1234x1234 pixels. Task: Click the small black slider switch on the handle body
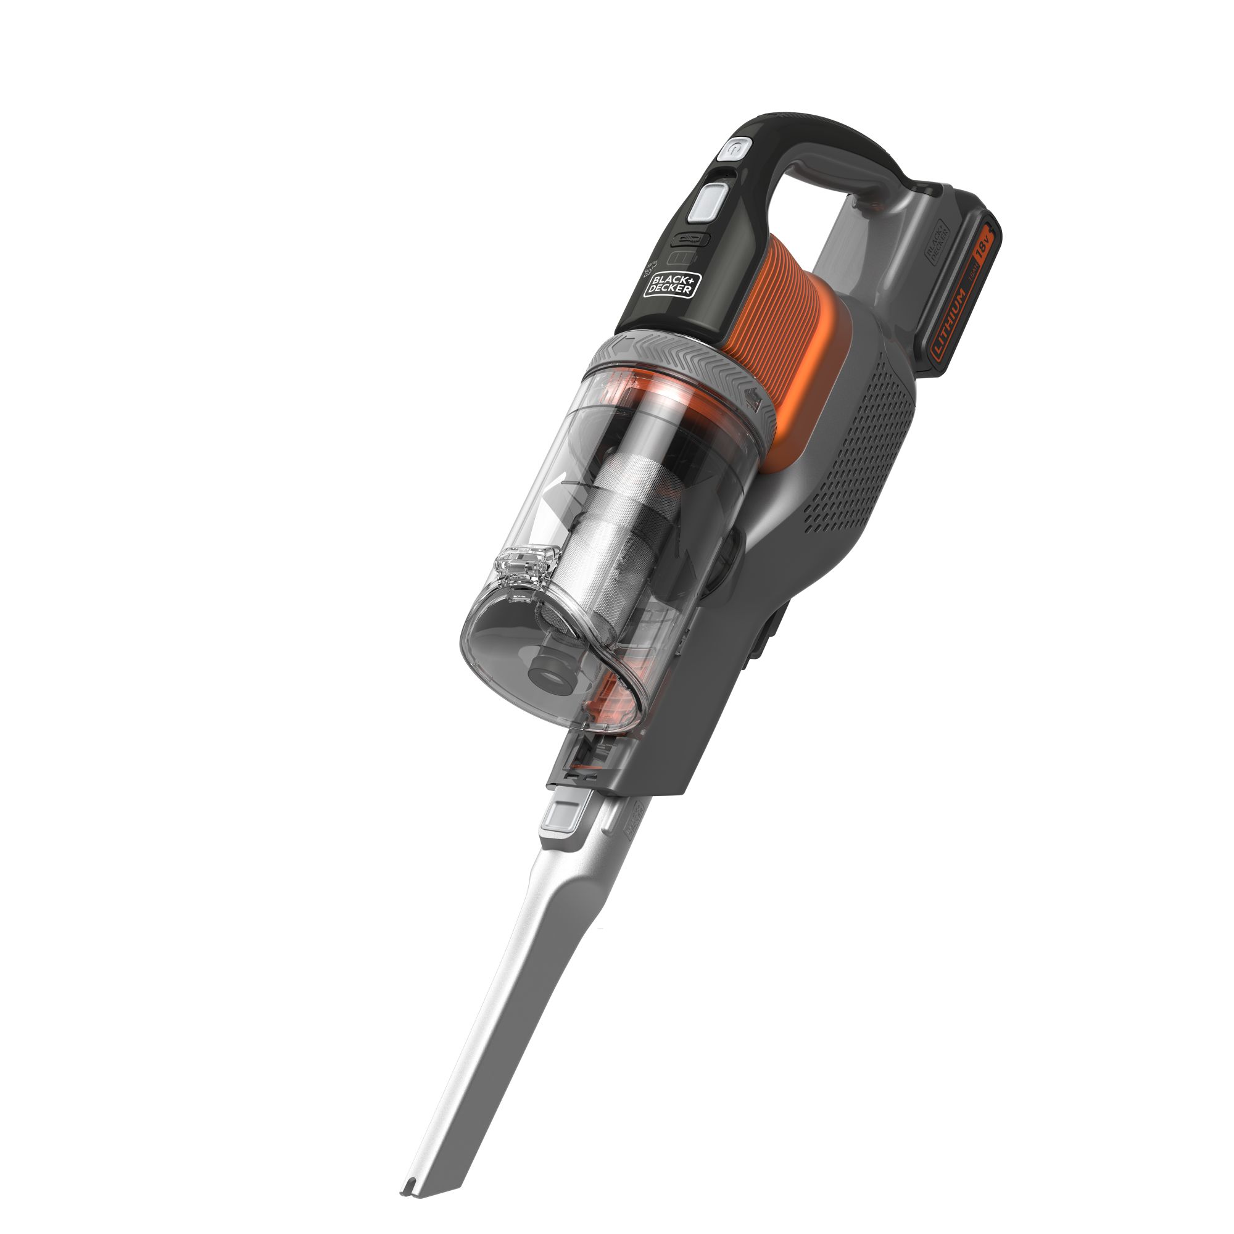690,240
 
